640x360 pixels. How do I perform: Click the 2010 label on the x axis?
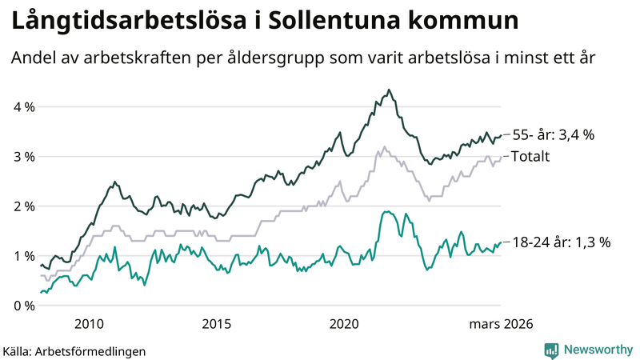click(x=89, y=324)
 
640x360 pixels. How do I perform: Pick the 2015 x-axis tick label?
click(x=217, y=324)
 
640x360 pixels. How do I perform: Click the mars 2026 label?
click(x=501, y=324)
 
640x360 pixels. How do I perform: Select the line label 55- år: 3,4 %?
click(x=553, y=135)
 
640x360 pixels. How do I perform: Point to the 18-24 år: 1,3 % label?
click(x=561, y=242)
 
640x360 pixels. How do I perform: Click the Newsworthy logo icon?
click(x=551, y=350)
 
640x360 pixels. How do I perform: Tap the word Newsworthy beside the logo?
click(x=597, y=350)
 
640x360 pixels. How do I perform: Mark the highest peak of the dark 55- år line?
click(x=389, y=90)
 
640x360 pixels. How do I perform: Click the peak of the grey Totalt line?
click(x=385, y=146)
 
